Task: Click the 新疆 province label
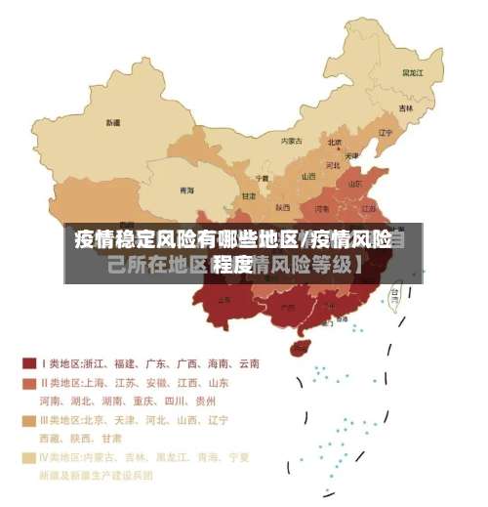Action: pos(114,123)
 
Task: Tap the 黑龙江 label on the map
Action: pos(412,72)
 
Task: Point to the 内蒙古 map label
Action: pos(292,141)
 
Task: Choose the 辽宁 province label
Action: pos(385,133)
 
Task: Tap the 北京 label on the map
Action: pos(334,142)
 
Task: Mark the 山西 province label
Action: pos(308,177)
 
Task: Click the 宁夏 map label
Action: pos(262,178)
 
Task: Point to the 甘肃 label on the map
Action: pos(250,196)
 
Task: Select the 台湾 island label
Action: pos(395,291)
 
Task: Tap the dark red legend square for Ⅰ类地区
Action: pos(29,363)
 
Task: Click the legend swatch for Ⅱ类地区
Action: pos(29,383)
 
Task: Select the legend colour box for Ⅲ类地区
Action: pos(29,420)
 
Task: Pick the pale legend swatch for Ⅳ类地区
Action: pos(29,456)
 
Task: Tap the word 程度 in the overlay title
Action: pos(233,265)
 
